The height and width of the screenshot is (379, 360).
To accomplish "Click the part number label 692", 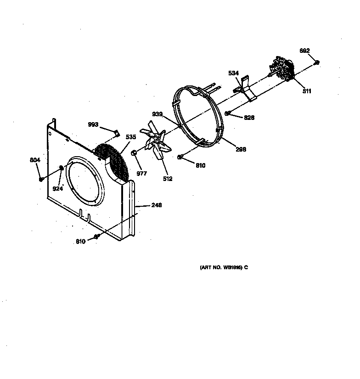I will pos(304,51).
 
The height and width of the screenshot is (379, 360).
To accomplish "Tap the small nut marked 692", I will pos(317,62).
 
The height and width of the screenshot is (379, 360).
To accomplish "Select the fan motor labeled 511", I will pos(281,69).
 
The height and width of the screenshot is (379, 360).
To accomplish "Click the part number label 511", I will pos(307,91).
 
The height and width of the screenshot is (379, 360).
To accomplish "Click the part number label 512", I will pos(168,179).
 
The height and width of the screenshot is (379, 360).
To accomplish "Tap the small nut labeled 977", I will pos(134,153).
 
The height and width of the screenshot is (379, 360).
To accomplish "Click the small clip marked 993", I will pos(117,133).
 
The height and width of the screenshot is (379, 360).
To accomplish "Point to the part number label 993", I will pos(93,124).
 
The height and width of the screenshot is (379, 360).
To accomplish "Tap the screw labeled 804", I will pos(41,179).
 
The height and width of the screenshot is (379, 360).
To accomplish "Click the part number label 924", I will pos(57,188).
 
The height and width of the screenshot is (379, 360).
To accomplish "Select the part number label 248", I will pos(156,205).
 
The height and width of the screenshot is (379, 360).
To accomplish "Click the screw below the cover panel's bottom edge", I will pos(97,237).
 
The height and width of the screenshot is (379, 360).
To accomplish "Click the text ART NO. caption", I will pos(224,267).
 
